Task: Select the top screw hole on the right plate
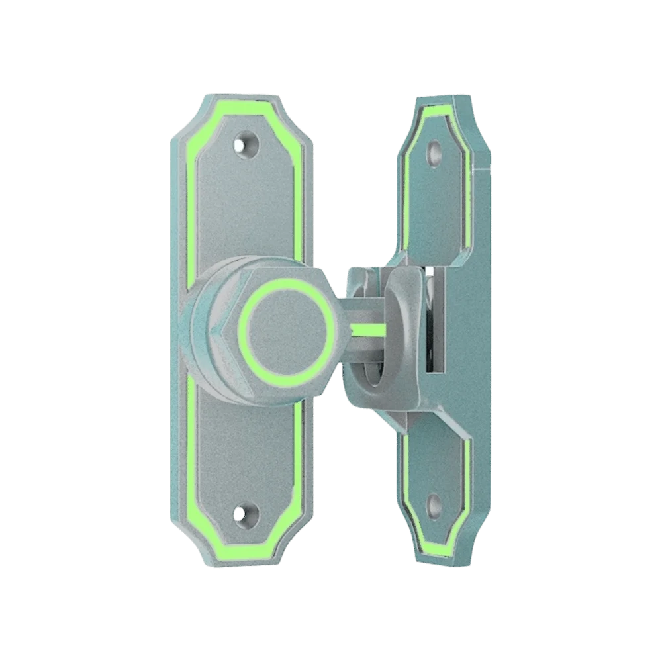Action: (x=435, y=153)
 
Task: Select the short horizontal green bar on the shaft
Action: (x=368, y=328)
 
